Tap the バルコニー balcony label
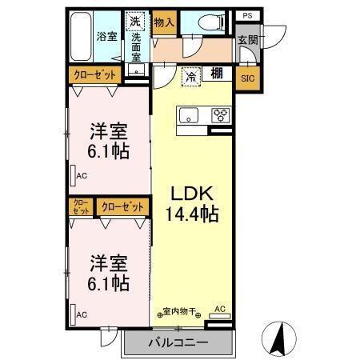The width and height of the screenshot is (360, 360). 178,342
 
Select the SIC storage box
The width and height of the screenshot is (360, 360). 247,78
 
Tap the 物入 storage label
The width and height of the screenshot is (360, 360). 164,22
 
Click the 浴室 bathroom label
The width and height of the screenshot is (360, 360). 106,37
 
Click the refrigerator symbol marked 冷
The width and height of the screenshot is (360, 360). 192,77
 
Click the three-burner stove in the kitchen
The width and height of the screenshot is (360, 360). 219,115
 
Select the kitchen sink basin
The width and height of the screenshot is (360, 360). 189,112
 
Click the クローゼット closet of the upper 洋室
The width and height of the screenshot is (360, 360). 95,75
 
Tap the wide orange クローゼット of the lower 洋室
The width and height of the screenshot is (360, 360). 122,206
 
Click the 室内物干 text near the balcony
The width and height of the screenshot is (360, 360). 180,311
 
